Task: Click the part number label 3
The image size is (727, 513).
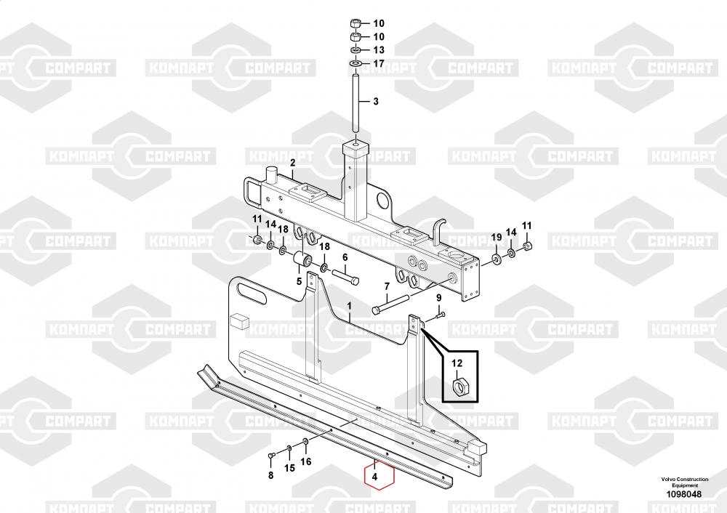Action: pyautogui.click(x=376, y=102)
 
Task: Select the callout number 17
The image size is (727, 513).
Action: pyautogui.click(x=378, y=64)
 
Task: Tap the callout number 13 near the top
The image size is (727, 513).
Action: pyautogui.click(x=378, y=50)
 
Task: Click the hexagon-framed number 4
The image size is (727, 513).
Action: pyautogui.click(x=375, y=477)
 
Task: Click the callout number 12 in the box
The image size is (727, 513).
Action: pyautogui.click(x=457, y=363)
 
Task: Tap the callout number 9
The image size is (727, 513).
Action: pyautogui.click(x=438, y=299)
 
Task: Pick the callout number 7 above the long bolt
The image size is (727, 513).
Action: pyautogui.click(x=387, y=286)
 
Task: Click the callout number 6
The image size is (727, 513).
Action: pyautogui.click(x=345, y=256)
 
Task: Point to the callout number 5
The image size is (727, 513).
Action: pyautogui.click(x=298, y=281)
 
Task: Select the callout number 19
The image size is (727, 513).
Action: pyautogui.click(x=497, y=238)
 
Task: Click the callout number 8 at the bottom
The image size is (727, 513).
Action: pyautogui.click(x=270, y=476)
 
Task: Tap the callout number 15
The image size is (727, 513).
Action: pyautogui.click(x=289, y=469)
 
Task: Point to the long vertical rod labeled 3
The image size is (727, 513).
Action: pyautogui.click(x=357, y=102)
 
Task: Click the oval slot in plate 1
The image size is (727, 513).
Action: pyautogui.click(x=250, y=294)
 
